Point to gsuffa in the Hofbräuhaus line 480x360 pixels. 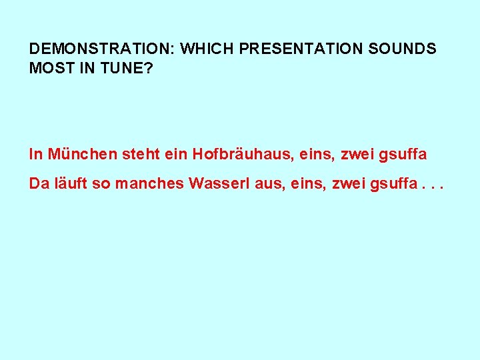point(403,155)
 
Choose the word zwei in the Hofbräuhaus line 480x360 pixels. point(357,155)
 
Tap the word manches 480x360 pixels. point(149,183)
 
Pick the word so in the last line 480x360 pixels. point(101,184)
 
